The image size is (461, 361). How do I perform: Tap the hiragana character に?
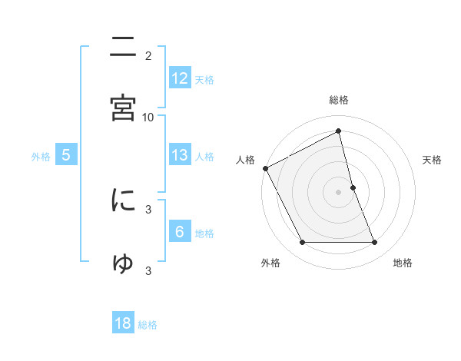123,201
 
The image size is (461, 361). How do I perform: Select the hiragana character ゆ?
123,263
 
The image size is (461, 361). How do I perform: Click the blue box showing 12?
179,78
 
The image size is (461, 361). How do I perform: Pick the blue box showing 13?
179,154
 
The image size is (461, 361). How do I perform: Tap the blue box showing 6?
179,231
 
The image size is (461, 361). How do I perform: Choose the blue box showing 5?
66,154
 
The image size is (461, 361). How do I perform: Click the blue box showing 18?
123,323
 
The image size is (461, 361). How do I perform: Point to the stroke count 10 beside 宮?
148,117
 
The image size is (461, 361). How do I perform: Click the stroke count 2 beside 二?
148,55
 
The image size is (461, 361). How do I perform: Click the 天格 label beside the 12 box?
205,79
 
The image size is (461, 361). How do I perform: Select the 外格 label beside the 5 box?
41,156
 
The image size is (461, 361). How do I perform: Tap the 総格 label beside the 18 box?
148,325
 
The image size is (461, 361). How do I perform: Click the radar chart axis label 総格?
339,100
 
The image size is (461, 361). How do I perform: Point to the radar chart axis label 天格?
433,160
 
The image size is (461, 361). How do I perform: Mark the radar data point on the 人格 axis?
265,168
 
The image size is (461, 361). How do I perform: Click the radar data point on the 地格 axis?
375,243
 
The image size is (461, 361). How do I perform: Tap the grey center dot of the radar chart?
339,192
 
